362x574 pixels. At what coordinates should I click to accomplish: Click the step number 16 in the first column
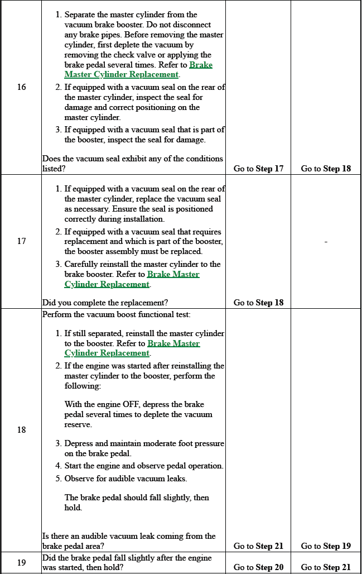click(x=21, y=87)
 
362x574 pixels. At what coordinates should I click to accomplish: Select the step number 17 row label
click(x=21, y=241)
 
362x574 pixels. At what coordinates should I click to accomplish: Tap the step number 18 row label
click(x=21, y=429)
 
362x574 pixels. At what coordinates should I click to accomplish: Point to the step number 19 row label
click(x=21, y=562)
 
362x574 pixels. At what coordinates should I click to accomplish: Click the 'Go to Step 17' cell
click(x=258, y=169)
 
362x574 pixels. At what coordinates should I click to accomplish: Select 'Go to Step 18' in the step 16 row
click(x=326, y=169)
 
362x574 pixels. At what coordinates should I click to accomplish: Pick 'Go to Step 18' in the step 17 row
click(x=258, y=303)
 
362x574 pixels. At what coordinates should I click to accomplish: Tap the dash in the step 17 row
click(x=326, y=241)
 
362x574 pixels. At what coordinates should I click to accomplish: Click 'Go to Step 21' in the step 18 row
click(x=258, y=546)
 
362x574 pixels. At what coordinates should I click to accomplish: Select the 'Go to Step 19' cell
click(x=326, y=546)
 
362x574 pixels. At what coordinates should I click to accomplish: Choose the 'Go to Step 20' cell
click(x=258, y=567)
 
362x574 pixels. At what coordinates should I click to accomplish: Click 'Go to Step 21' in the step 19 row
click(x=326, y=567)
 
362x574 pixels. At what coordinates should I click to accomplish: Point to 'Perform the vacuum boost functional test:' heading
click(x=117, y=314)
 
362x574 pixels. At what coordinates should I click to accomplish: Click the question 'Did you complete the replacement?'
click(x=105, y=303)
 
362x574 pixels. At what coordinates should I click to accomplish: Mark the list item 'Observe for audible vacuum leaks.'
click(x=126, y=479)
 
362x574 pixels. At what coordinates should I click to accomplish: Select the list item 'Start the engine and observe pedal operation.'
click(x=144, y=466)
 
